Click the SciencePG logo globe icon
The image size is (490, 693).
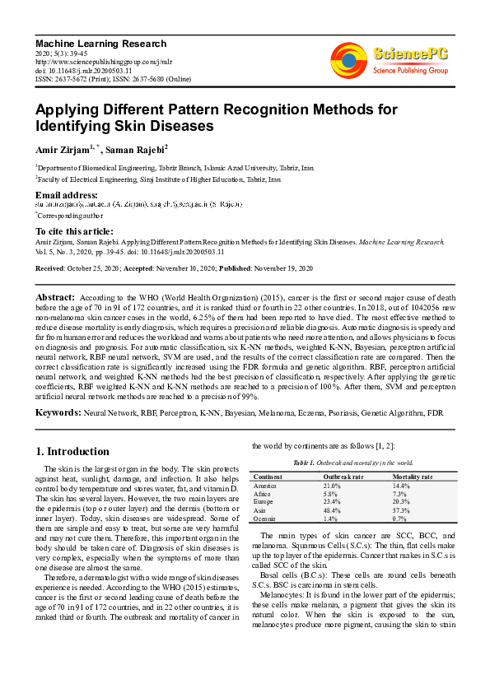coord(348,60)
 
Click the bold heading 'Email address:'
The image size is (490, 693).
coord(67,194)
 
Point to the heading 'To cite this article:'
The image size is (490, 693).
coord(74,231)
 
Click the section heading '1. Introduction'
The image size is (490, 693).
coord(72,452)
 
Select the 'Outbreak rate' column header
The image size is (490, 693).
coord(343,477)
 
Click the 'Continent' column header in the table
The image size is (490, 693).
coord(268,477)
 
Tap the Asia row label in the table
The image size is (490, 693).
coord(260,509)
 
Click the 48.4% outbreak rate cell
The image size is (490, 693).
coord(332,509)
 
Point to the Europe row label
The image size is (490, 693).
coord(264,501)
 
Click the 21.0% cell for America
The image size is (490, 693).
coord(332,486)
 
